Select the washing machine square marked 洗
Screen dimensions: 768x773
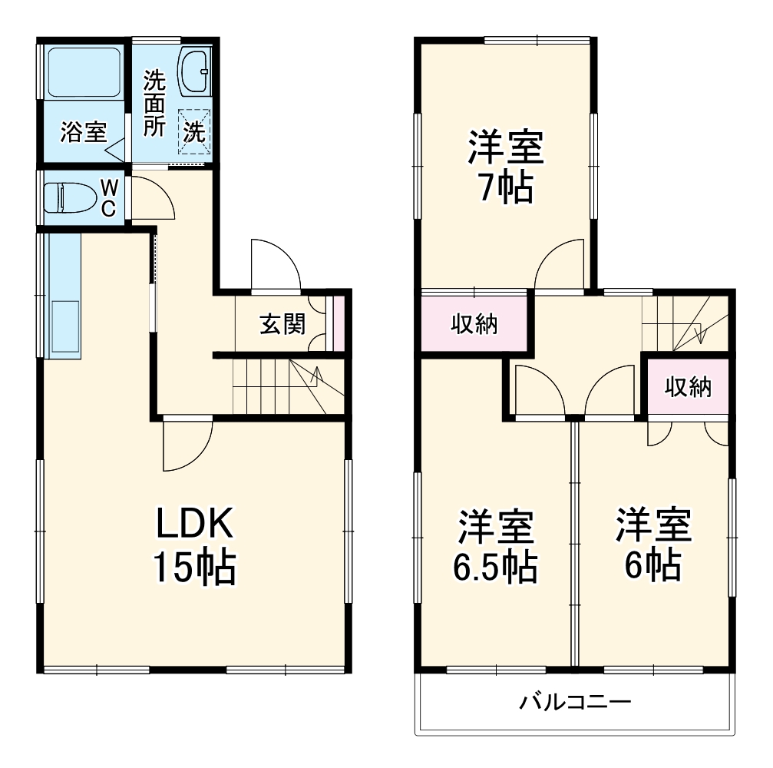(x=193, y=132)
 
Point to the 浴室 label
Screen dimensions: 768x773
(x=83, y=133)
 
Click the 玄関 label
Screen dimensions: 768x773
(x=282, y=324)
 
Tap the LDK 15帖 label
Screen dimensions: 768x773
(x=193, y=545)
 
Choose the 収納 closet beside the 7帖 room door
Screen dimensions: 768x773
(x=474, y=324)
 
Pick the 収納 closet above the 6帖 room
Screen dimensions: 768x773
(x=687, y=387)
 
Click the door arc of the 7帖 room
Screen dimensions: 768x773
(x=562, y=265)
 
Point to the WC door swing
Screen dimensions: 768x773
(x=153, y=198)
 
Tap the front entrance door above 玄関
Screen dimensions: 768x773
(x=274, y=265)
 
